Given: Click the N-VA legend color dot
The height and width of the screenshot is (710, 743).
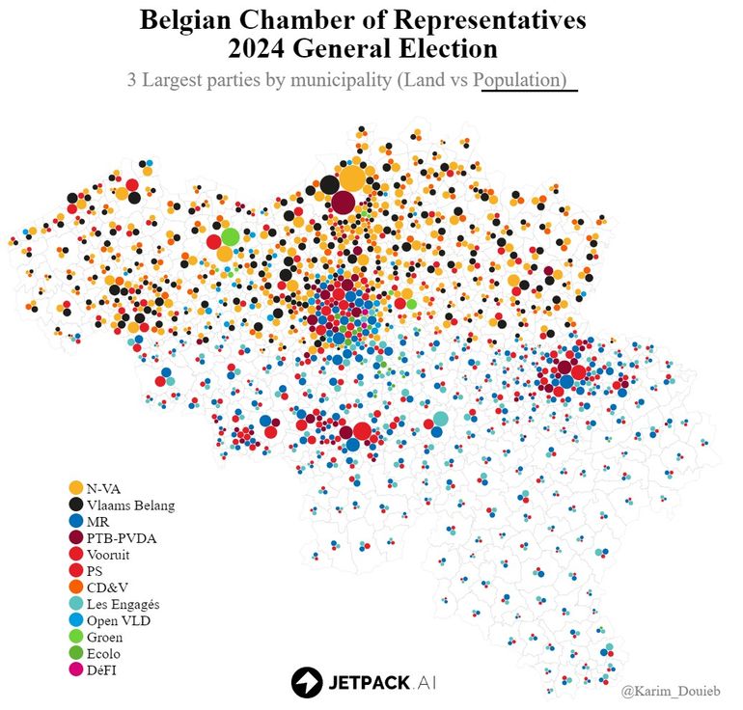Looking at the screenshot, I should click(75, 488).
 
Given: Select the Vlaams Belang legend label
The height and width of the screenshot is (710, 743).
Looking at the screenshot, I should click(130, 505).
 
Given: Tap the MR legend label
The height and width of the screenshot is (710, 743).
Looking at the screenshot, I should click(97, 521).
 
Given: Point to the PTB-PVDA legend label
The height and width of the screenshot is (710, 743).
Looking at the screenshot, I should click(121, 538).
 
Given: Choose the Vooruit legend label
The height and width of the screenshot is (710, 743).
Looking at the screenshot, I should click(108, 555).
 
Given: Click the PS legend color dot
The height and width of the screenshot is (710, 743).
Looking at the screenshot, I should click(75, 571).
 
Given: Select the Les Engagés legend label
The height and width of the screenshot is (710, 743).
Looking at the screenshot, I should click(123, 604).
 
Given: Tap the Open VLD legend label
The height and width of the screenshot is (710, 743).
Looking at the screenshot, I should click(118, 620).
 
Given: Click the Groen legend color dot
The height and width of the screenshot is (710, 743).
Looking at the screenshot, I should click(75, 637).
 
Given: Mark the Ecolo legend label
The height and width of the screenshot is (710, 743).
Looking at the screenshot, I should click(103, 653).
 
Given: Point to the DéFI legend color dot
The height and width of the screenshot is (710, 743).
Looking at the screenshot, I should click(75, 669).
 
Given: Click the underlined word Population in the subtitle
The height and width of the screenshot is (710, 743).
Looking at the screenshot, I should click(522, 80).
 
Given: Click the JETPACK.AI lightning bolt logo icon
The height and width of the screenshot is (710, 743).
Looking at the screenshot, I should click(307, 682).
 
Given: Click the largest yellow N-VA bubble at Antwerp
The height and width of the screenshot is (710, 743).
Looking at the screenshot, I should click(352, 178).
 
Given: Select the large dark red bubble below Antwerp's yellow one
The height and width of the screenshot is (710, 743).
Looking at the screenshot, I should click(344, 204).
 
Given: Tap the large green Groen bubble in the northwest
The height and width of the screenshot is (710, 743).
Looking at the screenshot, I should click(230, 236).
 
